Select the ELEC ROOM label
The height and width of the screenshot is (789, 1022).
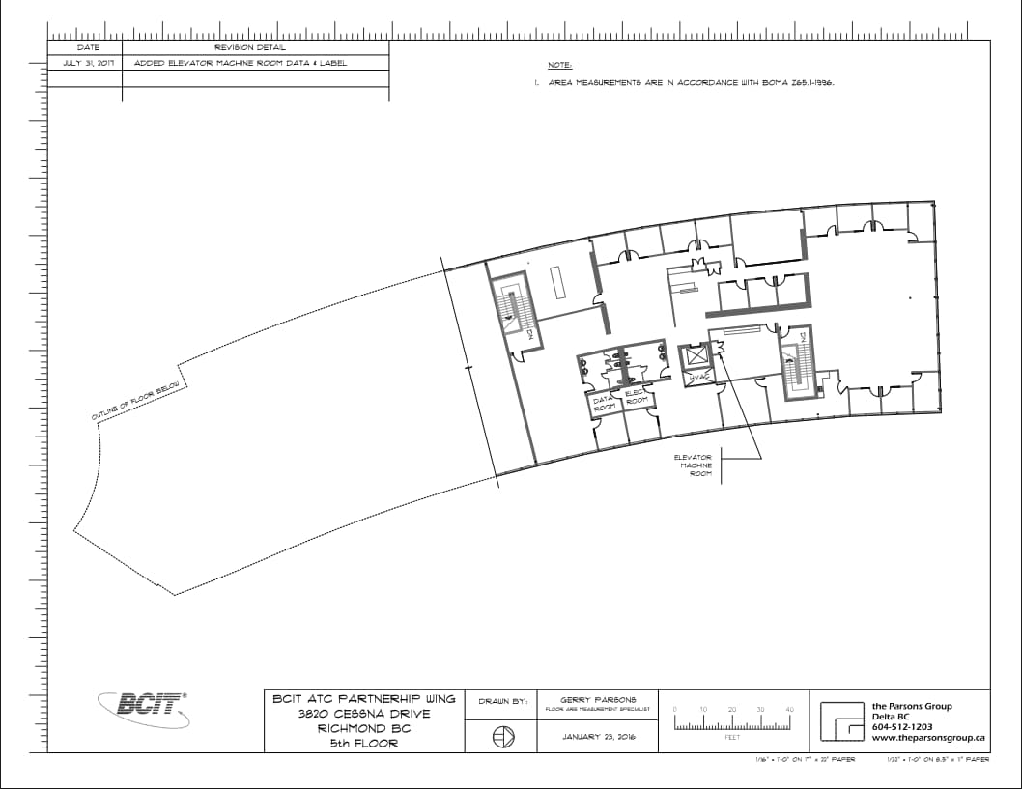pos(636,397)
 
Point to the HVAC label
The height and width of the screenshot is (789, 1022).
pos(698,375)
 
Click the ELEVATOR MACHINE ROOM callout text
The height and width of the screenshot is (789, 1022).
pos(695,465)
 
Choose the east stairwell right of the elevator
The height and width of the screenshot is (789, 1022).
pos(797,364)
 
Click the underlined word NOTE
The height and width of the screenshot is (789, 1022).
pos(560,66)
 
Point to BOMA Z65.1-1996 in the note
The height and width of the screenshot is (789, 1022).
pos(797,83)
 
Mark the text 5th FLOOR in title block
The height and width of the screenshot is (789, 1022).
pos(362,744)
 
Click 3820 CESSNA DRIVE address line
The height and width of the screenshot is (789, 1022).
pos(363,713)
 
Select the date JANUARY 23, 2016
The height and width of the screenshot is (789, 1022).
pos(596,737)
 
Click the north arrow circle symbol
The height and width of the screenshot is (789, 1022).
pos(500,737)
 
